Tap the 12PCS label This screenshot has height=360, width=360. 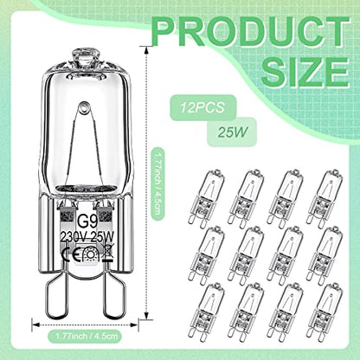(x=202, y=107)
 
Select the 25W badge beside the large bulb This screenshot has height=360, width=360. (x=233, y=132)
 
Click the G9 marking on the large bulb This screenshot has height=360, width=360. (x=85, y=223)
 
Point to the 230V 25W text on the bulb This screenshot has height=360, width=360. (x=87, y=237)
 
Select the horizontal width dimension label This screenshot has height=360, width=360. (x=87, y=336)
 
